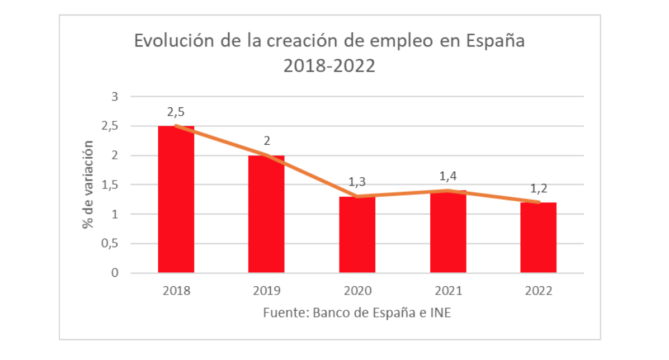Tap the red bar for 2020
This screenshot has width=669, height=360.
[x=357, y=235]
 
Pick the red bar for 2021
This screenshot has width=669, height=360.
[x=447, y=232]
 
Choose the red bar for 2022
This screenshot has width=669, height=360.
[x=538, y=238]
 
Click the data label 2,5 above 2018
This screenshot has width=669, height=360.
[x=176, y=112]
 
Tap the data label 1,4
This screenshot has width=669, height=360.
[x=447, y=176]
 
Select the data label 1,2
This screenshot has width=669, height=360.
[x=538, y=188]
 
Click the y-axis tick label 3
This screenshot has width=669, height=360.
[x=115, y=97]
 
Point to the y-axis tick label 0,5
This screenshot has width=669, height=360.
[x=111, y=244]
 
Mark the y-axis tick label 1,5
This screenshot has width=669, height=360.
[x=111, y=185]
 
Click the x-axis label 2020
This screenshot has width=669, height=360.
[x=357, y=291]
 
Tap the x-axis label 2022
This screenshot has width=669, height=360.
[x=538, y=291]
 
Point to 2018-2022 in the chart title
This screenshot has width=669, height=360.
[x=329, y=66]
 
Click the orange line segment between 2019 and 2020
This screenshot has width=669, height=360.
[x=312, y=176]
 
